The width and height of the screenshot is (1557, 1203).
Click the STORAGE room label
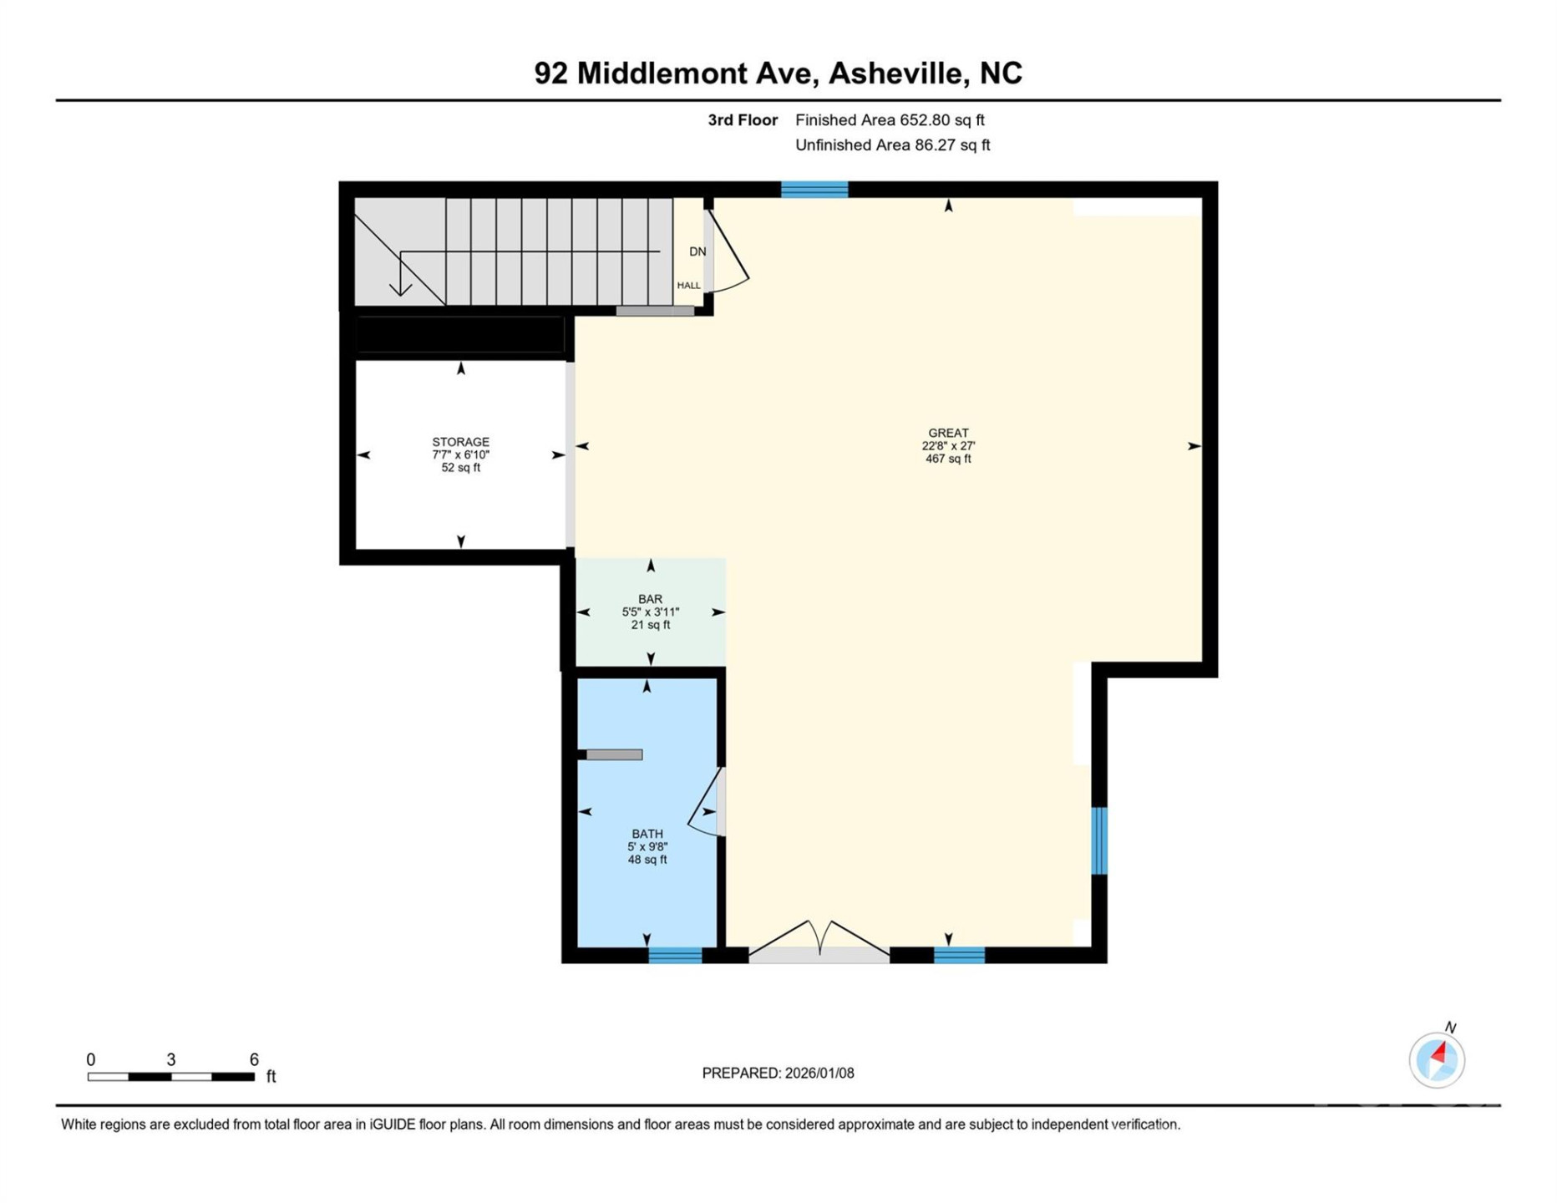[x=460, y=442]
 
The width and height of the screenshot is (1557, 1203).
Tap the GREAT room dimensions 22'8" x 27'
[x=948, y=446]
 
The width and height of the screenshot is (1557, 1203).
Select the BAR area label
[x=650, y=599]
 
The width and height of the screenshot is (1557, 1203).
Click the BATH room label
[x=647, y=834]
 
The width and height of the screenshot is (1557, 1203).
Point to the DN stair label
[x=697, y=251]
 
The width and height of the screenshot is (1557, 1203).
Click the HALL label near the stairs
[x=688, y=286]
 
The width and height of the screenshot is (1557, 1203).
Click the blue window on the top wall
[x=814, y=190]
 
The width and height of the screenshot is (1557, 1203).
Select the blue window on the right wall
[x=1099, y=840]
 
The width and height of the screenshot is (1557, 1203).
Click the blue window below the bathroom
[x=675, y=956]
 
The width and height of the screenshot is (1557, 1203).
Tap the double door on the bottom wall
[x=819, y=944]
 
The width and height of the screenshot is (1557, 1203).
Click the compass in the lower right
[x=1437, y=1059]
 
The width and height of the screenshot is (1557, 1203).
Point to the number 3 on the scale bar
[x=171, y=1060]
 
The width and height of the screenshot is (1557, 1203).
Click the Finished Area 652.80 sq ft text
[x=890, y=120]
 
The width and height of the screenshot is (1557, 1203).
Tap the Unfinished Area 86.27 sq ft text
[x=892, y=145]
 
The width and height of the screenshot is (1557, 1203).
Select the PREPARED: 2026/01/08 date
[x=778, y=1074]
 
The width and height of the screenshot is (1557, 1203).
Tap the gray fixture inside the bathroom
[x=614, y=755]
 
